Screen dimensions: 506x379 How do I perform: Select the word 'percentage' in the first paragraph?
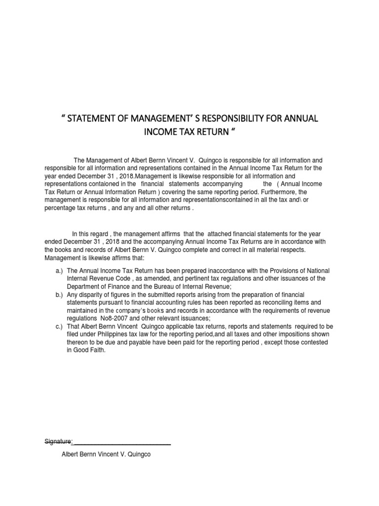pyautogui.click(x=60, y=208)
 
